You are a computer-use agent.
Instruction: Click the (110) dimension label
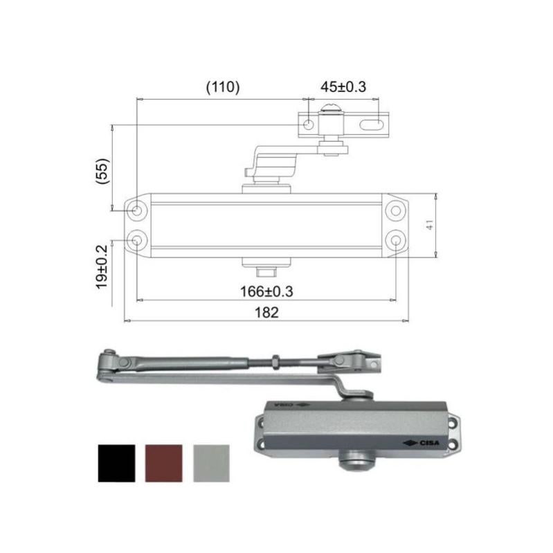223,87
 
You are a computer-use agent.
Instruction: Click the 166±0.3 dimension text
266,291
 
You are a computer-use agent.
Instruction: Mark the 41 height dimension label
430,225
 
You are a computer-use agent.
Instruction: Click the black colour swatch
116,463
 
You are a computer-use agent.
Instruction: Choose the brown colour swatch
164,463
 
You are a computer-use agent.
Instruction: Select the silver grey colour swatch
211,463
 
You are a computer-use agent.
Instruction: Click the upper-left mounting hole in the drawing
137,209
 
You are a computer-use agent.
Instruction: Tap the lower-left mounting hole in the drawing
137,240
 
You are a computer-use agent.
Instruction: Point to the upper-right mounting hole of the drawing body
395,209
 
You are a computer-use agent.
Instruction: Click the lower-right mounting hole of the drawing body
395,240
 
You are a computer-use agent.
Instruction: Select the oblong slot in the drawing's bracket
374,125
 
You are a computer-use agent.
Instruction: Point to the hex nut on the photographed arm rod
275,361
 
